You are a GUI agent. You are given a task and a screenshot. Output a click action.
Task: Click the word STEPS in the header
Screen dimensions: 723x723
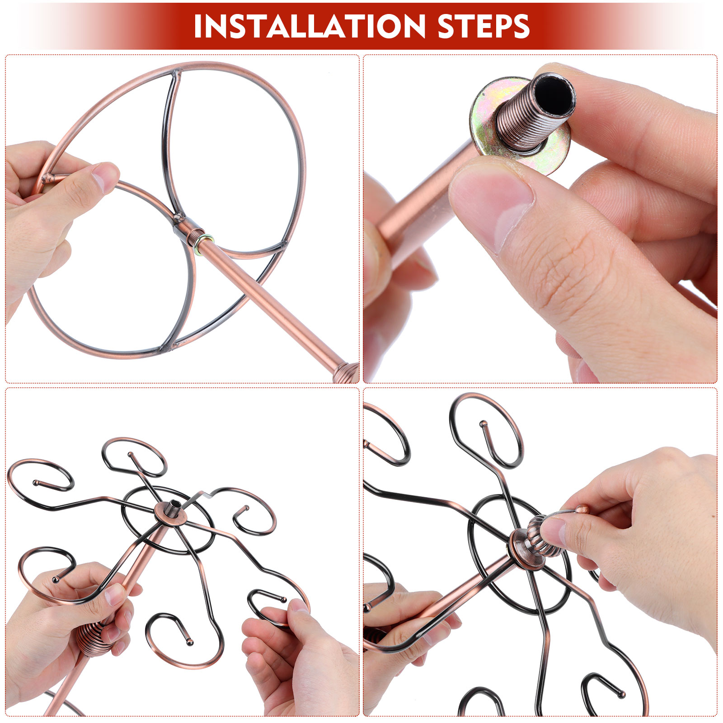click(484, 26)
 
